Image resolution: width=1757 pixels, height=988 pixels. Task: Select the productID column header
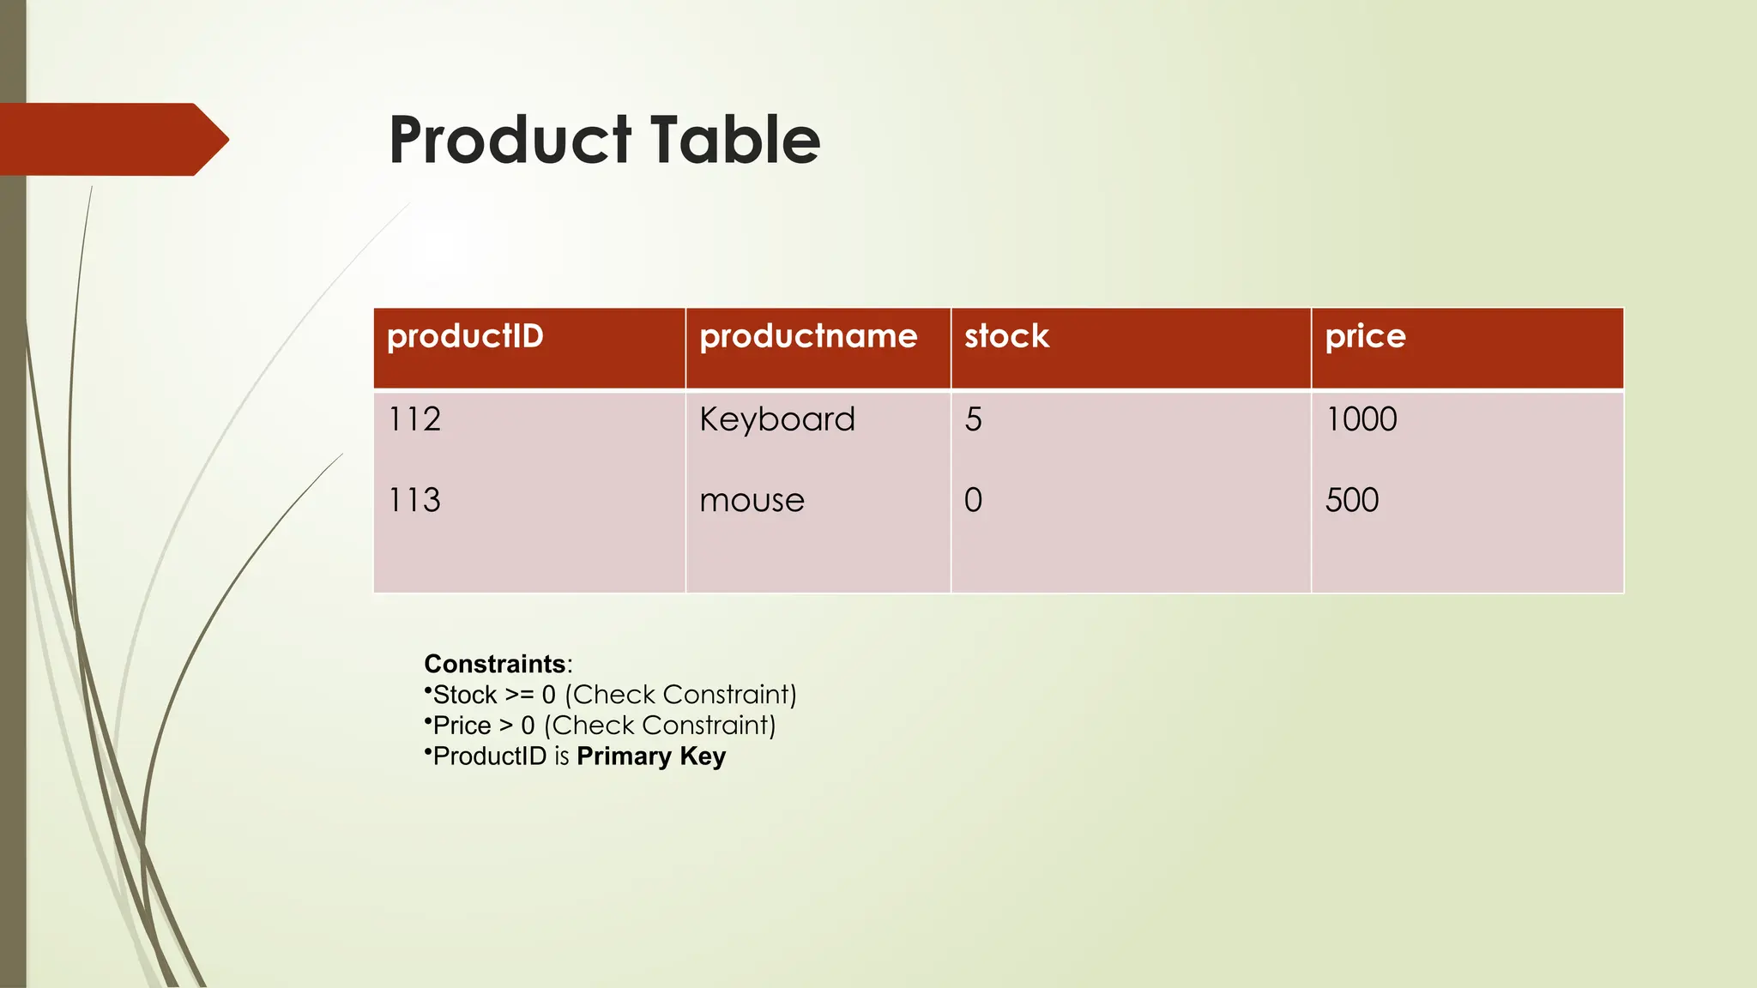(465, 336)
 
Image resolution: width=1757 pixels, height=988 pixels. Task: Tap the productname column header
(808, 336)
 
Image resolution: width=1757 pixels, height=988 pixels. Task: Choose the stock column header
(1006, 336)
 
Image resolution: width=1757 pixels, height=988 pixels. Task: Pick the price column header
(1365, 336)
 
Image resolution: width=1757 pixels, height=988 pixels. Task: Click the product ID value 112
(414, 419)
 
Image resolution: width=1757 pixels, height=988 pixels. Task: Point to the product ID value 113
(414, 500)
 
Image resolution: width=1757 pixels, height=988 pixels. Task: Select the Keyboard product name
(777, 419)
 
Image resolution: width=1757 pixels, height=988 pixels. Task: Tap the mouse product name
(752, 501)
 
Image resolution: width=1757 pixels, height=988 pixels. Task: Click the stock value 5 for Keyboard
(973, 419)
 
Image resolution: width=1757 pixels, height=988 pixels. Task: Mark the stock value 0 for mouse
(973, 500)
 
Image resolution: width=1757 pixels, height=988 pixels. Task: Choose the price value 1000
(1362, 419)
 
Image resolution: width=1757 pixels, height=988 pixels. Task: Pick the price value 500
(1352, 500)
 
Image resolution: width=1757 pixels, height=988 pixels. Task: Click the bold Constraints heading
(495, 664)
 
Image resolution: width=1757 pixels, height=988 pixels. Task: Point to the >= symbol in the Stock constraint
(519, 695)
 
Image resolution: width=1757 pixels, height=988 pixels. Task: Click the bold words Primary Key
(651, 756)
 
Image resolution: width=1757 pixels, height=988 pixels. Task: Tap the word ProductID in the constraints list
(490, 756)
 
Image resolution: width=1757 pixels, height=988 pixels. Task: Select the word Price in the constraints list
(462, 726)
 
